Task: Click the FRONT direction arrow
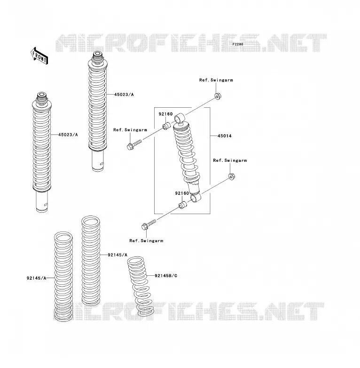(x=39, y=56)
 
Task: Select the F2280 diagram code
(x=238, y=44)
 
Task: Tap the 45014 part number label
(x=225, y=136)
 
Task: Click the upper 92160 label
(x=166, y=114)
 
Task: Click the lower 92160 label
(x=182, y=193)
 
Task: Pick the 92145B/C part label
(x=166, y=276)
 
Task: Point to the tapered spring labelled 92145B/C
(x=141, y=286)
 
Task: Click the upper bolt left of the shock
(x=134, y=144)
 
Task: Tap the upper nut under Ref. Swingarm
(x=218, y=96)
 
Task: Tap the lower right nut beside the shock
(x=232, y=176)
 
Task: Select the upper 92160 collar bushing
(x=167, y=126)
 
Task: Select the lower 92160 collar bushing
(x=183, y=205)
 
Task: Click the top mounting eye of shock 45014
(x=180, y=118)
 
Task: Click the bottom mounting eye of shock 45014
(x=196, y=198)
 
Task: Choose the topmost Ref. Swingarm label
(x=216, y=80)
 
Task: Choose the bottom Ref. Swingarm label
(x=146, y=241)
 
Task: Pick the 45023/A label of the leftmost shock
(x=68, y=135)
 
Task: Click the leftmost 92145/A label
(x=36, y=278)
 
